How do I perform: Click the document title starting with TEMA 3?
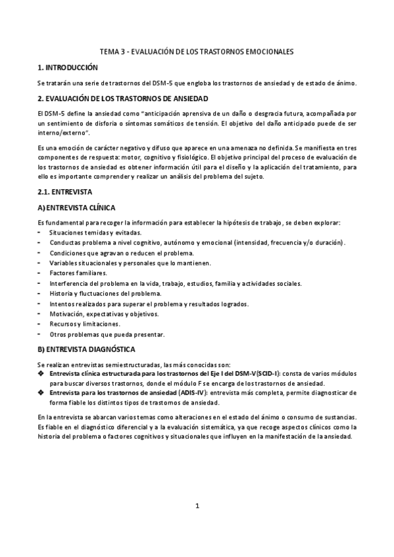tap(197, 51)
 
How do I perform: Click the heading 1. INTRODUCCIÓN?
tap(68, 67)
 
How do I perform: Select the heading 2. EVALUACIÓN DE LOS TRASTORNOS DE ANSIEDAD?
tap(123, 99)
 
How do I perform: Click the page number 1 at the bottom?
tap(197, 506)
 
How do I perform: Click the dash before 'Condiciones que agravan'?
tap(40, 253)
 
